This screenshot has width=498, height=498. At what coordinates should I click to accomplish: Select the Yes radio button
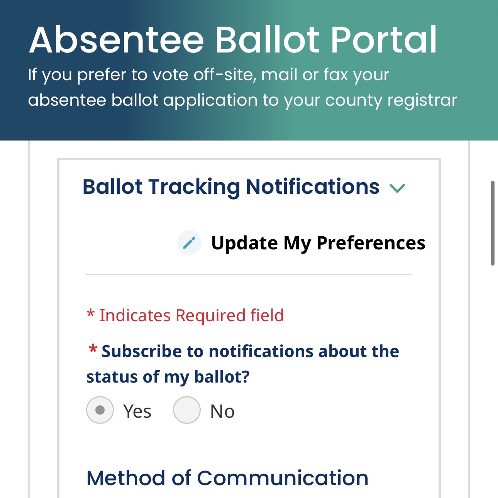[100, 410]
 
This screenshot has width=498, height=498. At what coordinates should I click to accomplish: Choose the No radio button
[186, 410]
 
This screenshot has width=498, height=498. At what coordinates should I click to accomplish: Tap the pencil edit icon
[189, 243]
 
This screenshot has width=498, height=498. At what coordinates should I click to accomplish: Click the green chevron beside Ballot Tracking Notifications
[397, 188]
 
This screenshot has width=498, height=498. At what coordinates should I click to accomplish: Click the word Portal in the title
[384, 40]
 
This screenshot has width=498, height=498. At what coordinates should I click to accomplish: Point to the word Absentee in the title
[117, 40]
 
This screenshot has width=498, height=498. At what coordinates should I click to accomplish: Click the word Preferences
[371, 243]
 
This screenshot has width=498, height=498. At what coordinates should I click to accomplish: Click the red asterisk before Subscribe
[93, 349]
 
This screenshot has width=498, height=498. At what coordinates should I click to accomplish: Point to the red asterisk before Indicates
[90, 313]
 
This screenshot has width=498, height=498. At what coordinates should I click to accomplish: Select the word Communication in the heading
[283, 478]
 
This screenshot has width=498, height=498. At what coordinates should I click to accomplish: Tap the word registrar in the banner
[422, 100]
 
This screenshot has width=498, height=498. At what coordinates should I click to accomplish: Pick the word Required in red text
[210, 315]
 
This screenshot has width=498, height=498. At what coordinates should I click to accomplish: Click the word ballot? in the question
[222, 376]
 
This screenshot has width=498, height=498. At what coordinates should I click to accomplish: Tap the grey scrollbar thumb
[493, 223]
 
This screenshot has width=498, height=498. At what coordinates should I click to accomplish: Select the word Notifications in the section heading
[313, 186]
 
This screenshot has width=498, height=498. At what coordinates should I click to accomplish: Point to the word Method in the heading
[125, 478]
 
